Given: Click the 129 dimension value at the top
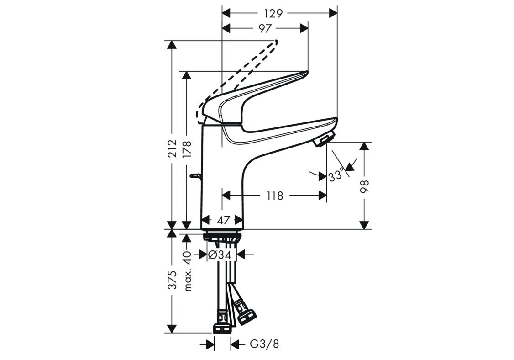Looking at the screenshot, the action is point(273,13).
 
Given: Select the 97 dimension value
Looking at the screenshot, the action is point(265,28).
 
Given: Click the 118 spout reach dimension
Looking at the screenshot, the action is point(274,196).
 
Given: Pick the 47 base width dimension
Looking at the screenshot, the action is point(224,220).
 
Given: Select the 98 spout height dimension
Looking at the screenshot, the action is point(365,187).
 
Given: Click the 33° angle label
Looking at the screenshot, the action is point(337,175).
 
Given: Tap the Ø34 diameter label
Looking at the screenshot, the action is point(220,254).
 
